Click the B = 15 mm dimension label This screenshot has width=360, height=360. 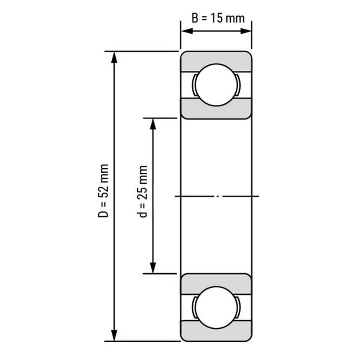coord(218,18)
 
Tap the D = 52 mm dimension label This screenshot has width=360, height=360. coord(103,191)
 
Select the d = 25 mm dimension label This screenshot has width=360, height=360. coord(143,191)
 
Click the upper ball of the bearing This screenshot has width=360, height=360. coord(216,85)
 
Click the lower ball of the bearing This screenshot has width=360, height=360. coord(216,307)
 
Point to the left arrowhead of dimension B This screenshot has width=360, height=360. coord(187,31)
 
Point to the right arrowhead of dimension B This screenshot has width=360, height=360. coord(246,31)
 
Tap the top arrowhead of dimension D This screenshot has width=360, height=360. coord(114,58)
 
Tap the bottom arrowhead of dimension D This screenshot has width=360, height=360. coord(114,336)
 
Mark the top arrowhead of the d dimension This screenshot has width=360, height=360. coord(153,124)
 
